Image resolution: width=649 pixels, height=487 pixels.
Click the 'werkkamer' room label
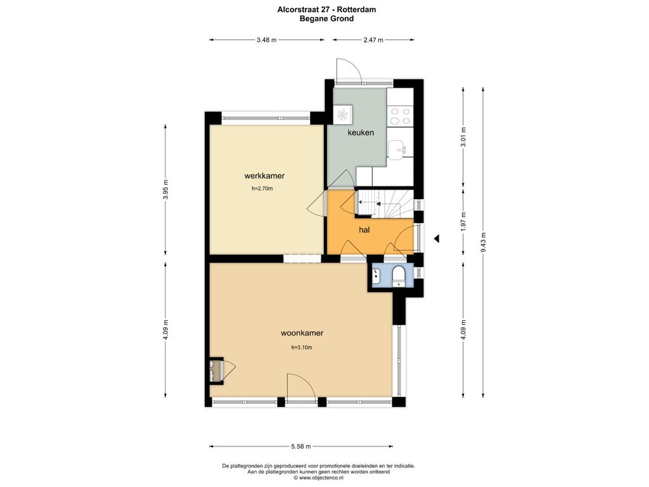tap(264, 176)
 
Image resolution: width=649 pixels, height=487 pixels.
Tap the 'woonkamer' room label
tap(302, 333)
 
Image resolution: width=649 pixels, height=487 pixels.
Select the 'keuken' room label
tap(361, 133)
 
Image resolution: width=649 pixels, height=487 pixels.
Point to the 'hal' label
tap(364, 230)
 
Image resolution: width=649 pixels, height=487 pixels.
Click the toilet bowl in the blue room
tap(399, 276)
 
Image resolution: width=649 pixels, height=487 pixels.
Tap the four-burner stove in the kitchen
tap(401, 116)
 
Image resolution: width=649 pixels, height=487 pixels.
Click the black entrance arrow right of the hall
tap(436, 238)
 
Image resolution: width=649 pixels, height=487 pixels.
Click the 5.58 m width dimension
tap(301, 446)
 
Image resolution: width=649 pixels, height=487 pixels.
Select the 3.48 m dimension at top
tap(266, 40)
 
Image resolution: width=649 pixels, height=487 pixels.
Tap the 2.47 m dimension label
tap(373, 40)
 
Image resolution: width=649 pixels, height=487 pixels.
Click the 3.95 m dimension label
tap(165, 190)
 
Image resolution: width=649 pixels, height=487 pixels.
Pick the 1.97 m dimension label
tap(463, 222)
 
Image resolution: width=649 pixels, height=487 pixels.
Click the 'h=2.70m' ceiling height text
tap(262, 188)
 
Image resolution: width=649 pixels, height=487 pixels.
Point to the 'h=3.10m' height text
tap(302, 347)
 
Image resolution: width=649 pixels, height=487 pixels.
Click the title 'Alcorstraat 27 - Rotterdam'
tap(326, 10)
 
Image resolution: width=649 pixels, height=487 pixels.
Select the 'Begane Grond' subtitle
tap(326, 18)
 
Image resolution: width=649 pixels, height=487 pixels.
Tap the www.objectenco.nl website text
tap(318, 477)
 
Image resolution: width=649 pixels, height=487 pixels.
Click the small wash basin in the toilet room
tap(376, 273)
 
